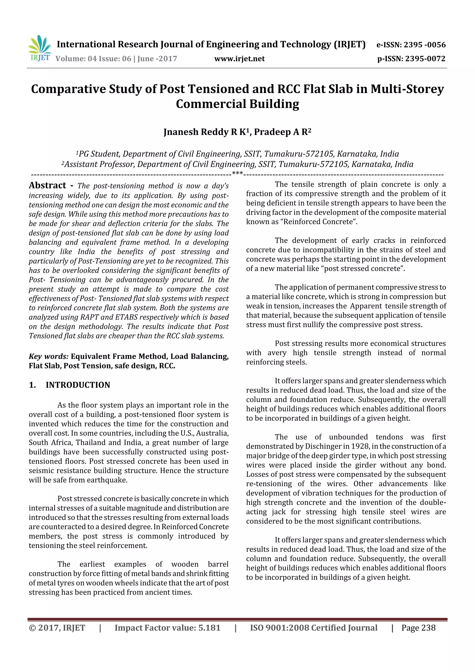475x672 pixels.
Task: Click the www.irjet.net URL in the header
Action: coord(239,59)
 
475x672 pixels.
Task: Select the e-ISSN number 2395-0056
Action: coord(425,45)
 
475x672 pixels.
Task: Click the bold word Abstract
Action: coord(47,185)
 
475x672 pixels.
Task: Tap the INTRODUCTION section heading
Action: coord(78,385)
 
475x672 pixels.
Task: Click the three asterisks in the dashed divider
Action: coord(237,173)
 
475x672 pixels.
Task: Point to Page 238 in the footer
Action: coord(418,628)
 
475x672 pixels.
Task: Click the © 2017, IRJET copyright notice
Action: coord(57,628)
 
